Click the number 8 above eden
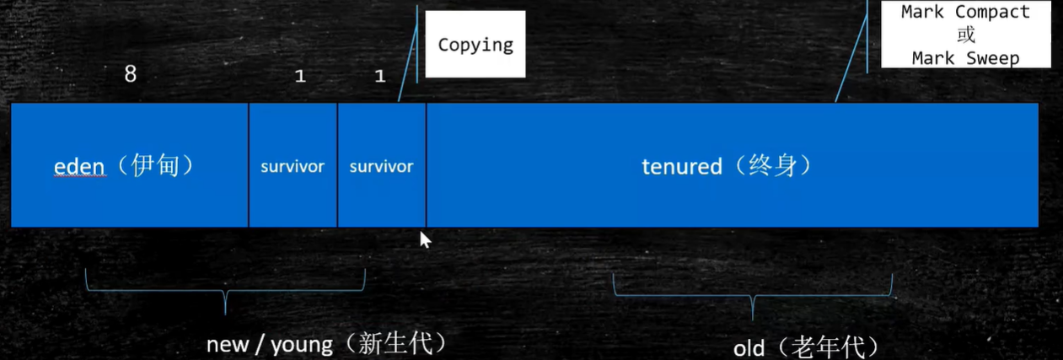(x=130, y=74)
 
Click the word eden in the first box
(x=79, y=166)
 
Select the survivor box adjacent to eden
(x=293, y=166)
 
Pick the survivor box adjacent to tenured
(x=381, y=166)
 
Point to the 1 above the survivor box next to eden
(x=300, y=77)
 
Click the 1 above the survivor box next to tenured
(x=379, y=77)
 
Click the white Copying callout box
(x=475, y=45)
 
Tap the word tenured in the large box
(x=681, y=166)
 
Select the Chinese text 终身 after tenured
(x=773, y=165)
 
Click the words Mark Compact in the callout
(x=965, y=12)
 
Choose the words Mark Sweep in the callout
(x=965, y=58)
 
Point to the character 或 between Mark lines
(x=965, y=35)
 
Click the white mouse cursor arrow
(x=425, y=239)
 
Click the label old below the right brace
(x=748, y=347)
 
